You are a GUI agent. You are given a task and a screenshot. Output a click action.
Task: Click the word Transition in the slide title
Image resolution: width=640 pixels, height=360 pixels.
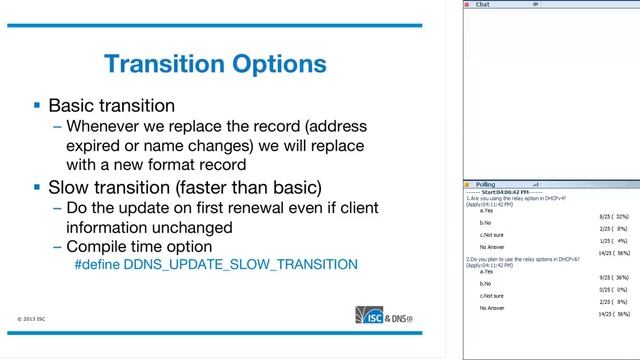(x=165, y=65)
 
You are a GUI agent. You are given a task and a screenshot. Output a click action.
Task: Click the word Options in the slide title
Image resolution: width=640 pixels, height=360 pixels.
(x=277, y=65)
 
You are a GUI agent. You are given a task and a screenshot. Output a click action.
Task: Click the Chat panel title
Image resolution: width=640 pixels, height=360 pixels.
(x=482, y=5)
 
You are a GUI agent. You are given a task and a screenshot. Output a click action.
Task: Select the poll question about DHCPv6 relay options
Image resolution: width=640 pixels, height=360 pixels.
(x=524, y=259)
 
